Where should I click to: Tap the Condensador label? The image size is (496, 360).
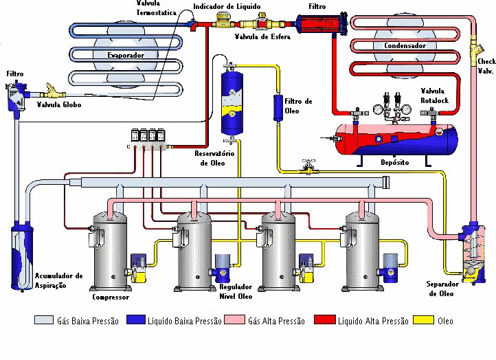pyautogui.click(x=400, y=46)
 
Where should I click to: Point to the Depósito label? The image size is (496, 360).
pyautogui.click(x=394, y=164)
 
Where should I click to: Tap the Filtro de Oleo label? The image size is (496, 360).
pyautogui.click(x=298, y=106)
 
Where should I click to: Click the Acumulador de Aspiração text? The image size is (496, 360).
pyautogui.click(x=59, y=280)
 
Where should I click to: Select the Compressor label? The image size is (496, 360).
pyautogui.click(x=111, y=297)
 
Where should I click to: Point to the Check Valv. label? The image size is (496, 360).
pyautogui.click(x=486, y=66)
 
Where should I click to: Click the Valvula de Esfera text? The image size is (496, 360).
pyautogui.click(x=262, y=37)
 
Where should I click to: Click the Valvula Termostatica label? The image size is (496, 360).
pyautogui.click(x=156, y=8)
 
